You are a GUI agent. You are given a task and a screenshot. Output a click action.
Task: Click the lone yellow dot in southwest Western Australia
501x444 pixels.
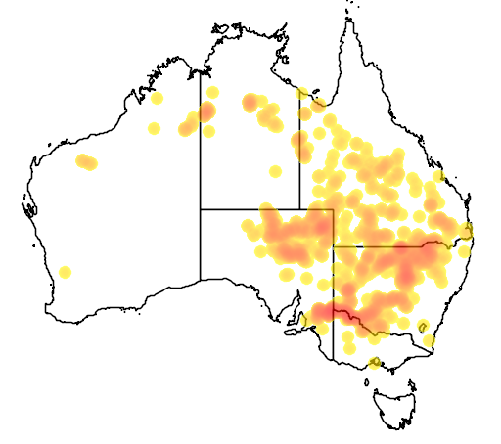65,272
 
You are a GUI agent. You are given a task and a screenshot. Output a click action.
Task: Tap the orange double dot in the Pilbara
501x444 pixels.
86,161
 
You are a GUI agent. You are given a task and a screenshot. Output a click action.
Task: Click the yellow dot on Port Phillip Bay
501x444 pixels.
373,364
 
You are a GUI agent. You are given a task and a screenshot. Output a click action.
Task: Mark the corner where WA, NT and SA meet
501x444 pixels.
201,209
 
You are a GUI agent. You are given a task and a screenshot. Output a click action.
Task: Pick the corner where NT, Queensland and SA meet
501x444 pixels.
299,209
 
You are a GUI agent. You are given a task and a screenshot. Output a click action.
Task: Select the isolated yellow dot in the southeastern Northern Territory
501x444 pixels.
276,172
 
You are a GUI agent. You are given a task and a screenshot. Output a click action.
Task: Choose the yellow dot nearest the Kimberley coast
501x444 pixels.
157,98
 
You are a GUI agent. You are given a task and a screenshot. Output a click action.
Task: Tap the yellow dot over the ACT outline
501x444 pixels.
423,326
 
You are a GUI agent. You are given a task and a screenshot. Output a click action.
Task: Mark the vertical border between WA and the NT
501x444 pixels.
201,147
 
